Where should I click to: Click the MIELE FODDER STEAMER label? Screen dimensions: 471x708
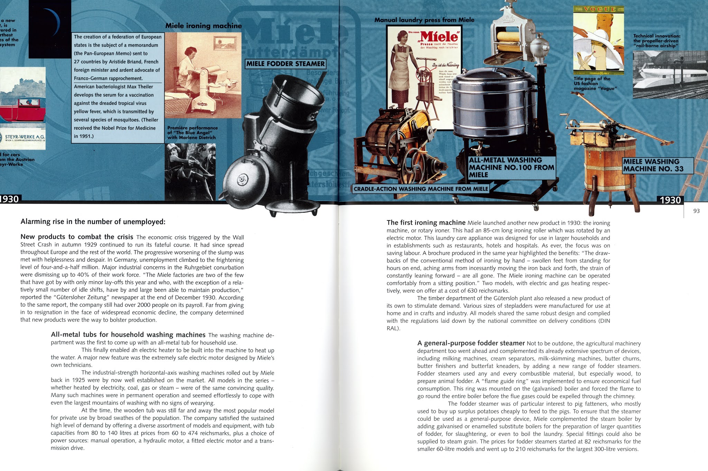[x=286, y=64]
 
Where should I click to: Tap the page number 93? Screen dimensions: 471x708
[x=696, y=211]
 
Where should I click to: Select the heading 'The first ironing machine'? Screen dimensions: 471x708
[x=426, y=223]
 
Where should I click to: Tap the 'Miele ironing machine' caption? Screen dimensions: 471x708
[x=203, y=26]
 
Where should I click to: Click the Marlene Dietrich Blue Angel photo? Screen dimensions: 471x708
[x=190, y=172]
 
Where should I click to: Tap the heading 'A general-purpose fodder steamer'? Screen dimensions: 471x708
[x=471, y=343]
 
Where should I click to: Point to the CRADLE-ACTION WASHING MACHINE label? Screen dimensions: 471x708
[x=421, y=189]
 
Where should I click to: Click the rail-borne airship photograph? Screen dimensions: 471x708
[x=670, y=74]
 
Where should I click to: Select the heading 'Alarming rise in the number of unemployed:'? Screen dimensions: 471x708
[x=93, y=222]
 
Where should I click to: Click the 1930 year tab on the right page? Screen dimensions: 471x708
[x=670, y=200]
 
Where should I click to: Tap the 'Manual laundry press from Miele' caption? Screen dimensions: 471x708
[x=424, y=20]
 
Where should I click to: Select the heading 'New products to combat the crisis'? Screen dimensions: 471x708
[x=77, y=237]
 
